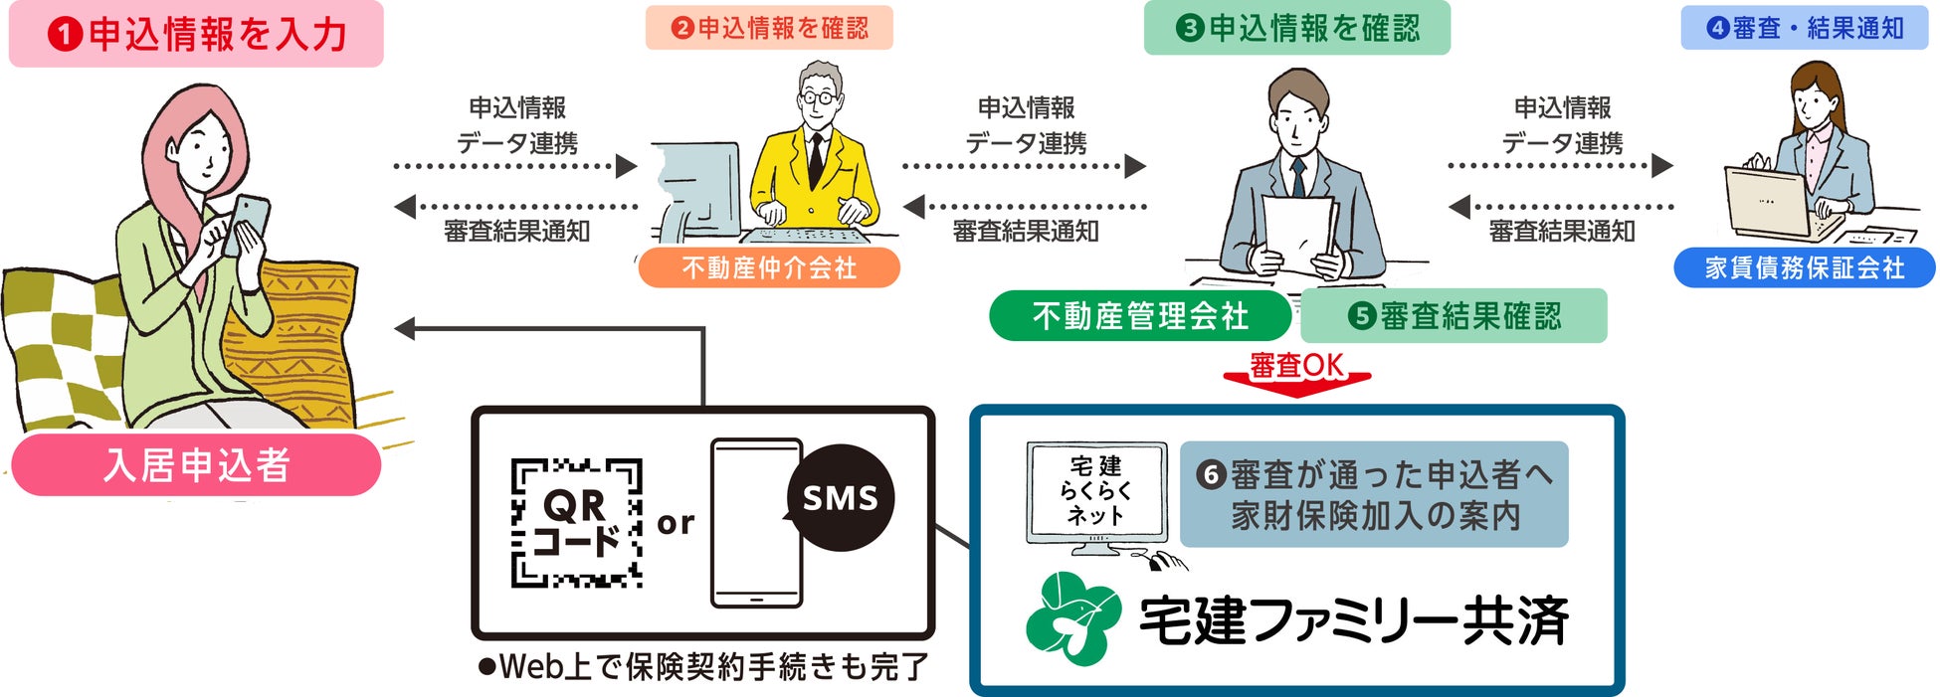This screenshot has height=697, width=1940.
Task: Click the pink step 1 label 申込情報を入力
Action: pos(196,35)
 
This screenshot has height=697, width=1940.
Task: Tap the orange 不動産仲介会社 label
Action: pos(768,267)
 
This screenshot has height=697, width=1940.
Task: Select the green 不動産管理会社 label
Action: pos(1139,316)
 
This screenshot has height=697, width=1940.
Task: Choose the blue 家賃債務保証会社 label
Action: pos(1804,267)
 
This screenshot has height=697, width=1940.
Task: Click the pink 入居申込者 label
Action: pos(196,465)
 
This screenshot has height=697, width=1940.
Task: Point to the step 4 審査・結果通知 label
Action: pos(1804,28)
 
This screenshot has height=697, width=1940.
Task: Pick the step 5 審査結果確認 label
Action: pos(1454,316)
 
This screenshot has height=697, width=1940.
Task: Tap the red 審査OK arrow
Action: pos(1296,374)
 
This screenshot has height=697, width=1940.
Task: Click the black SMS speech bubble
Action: pos(841,497)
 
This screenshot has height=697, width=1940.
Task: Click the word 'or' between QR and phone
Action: pos(676,522)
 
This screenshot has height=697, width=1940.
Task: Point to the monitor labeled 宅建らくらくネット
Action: pos(1096,493)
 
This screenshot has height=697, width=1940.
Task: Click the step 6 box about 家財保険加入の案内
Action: pos(1374,494)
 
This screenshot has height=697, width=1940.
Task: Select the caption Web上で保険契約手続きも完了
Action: pos(703,666)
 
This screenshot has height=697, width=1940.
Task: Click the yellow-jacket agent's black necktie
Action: pos(816,159)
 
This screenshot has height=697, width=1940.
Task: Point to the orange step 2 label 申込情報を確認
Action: pos(769,28)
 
